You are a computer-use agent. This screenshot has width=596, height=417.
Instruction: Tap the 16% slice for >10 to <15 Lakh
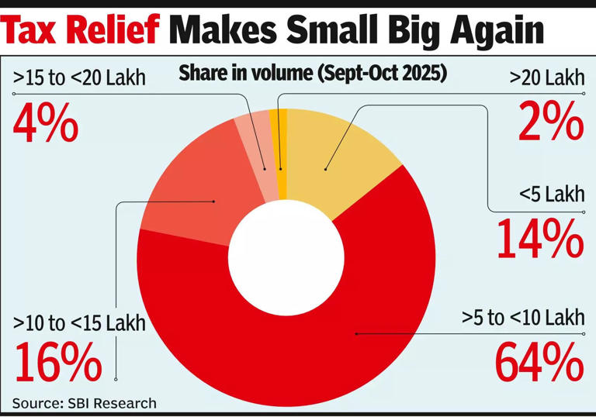pos(194,194)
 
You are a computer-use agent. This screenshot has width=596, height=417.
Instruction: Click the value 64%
pos(539,361)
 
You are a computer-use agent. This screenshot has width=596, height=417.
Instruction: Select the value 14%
pos(539,239)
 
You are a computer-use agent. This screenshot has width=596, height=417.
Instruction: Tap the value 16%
pos(57,361)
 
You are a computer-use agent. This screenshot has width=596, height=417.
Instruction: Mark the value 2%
pos(550,122)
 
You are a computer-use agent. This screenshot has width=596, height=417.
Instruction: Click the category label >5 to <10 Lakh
pos(523,318)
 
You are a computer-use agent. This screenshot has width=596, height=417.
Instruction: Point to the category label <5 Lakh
pos(552,195)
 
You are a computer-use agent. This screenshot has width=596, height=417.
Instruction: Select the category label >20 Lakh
pos(547,78)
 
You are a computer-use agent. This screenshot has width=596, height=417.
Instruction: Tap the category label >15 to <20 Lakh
pos(79,78)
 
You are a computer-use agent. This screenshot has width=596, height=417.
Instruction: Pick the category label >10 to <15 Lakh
pos(79,322)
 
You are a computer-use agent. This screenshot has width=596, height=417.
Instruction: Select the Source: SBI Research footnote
pos(84,403)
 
